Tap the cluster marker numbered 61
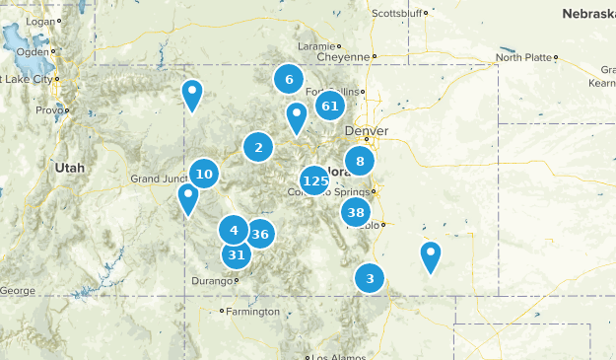coord(330,106)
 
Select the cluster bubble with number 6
coord(289,80)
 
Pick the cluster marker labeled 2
coord(258,148)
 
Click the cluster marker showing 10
coord(204,175)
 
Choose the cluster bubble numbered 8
coord(360,161)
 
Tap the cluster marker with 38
coord(356,212)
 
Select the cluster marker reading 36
coord(260,234)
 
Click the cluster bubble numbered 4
coord(234,231)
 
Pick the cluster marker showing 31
coord(236,254)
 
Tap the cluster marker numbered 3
coord(370,277)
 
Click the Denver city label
coord(367,131)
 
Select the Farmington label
coord(254,312)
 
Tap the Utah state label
coord(70,168)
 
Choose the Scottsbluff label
coord(396,14)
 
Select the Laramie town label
coord(316,45)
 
